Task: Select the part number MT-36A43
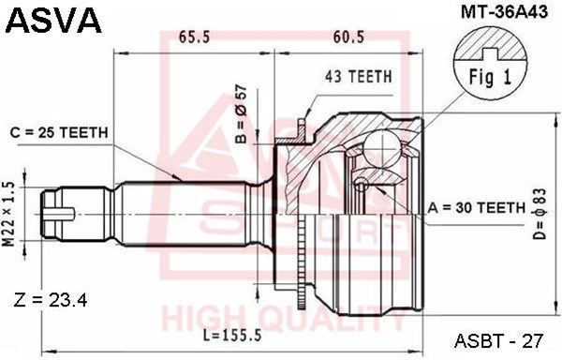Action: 504,12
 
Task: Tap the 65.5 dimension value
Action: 194,37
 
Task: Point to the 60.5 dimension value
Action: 348,37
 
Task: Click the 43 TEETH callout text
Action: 359,77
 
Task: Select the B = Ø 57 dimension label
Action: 242,114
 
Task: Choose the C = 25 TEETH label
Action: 59,133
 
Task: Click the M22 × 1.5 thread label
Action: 8,215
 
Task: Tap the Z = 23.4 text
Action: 51,301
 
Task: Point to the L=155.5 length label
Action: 232,336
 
